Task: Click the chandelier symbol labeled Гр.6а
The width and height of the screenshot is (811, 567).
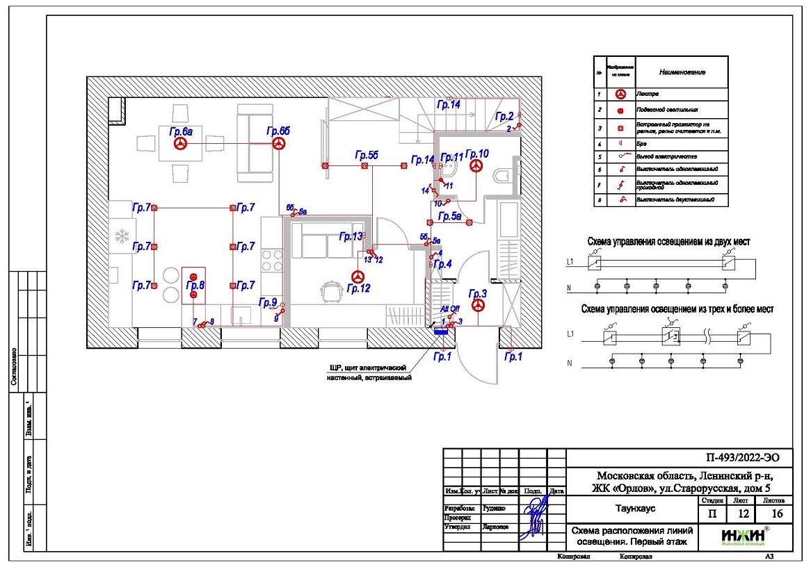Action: coord(181,144)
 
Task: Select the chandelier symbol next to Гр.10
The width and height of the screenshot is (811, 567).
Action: coord(476,165)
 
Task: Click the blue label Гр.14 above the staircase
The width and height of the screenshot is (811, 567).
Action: coord(449,105)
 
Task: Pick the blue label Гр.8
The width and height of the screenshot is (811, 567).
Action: coord(196,286)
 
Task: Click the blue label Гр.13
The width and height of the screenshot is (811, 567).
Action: coord(351,237)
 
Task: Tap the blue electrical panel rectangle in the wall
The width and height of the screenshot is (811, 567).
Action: coord(440,331)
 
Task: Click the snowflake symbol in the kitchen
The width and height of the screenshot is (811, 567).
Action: coord(121,236)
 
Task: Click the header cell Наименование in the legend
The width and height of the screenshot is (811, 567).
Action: coord(682,72)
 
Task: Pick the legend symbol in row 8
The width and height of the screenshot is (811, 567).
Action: coord(620,199)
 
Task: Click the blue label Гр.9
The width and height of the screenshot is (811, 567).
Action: coord(268,302)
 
